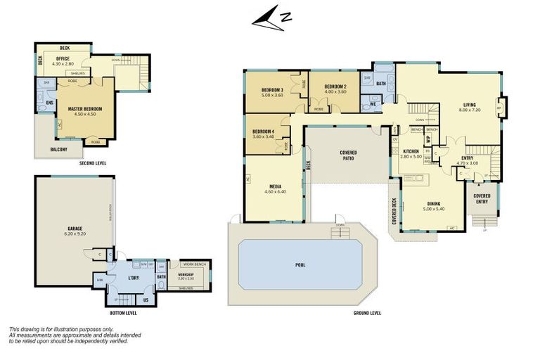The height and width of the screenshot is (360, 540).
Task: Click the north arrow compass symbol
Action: pyautogui.click(x=271, y=20)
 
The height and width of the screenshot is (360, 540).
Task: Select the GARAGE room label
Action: pyautogui.click(x=75, y=229)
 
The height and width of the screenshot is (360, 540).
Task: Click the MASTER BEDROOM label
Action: pyautogui.click(x=85, y=109)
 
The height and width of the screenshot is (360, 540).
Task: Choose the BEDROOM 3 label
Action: pyautogui.click(x=272, y=91)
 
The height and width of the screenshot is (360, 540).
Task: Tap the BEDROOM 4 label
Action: pyautogui.click(x=263, y=131)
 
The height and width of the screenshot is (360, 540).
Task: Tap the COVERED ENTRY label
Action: pyautogui.click(x=482, y=198)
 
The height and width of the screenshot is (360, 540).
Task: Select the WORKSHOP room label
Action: pyautogui.click(x=186, y=275)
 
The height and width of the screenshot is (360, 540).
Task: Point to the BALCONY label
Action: pyautogui.click(x=58, y=149)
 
